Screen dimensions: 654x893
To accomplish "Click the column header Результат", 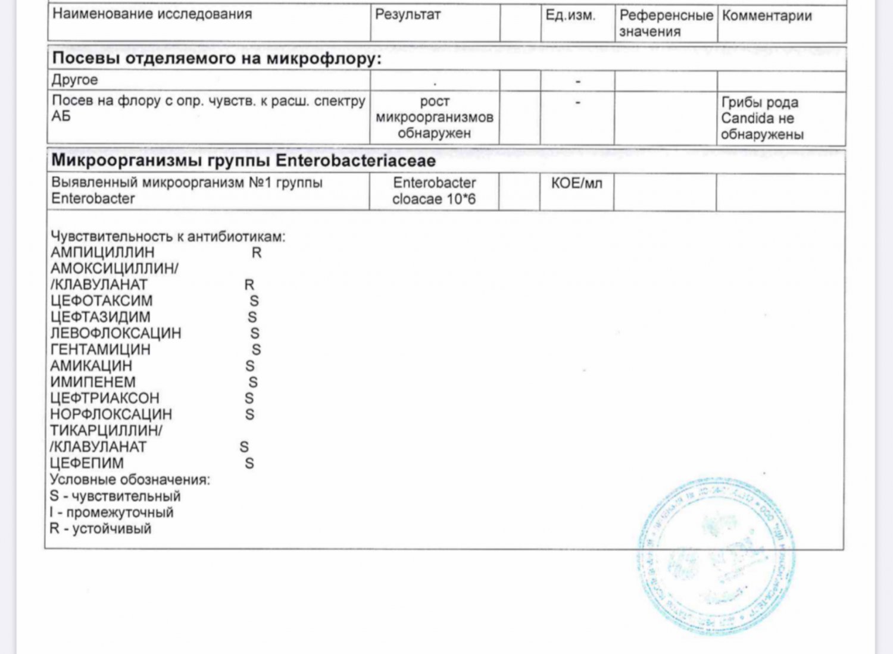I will (x=408, y=15).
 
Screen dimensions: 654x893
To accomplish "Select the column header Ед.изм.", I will (x=570, y=15).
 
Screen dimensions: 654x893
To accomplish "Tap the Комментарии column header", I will (x=767, y=16).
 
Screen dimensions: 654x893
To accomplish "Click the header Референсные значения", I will (x=666, y=23).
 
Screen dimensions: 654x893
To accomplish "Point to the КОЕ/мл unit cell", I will (x=576, y=183).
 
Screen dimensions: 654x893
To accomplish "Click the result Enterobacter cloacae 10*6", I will (x=434, y=191).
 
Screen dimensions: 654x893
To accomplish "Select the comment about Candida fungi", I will (x=762, y=118).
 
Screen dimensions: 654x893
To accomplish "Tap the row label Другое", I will (x=74, y=80).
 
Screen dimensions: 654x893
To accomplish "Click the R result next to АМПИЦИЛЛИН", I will (x=257, y=253).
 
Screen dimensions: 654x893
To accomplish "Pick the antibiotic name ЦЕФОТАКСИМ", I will (x=101, y=301).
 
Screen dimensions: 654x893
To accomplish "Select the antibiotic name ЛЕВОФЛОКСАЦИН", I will (x=115, y=333).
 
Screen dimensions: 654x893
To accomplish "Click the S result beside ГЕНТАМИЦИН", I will (x=256, y=350).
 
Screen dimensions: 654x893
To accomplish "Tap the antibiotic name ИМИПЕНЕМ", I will (x=93, y=382).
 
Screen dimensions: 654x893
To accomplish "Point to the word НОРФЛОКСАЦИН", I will (x=111, y=414).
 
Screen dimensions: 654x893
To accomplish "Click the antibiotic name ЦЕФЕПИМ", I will (x=87, y=463).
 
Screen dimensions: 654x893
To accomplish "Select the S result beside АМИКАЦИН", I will (x=250, y=366).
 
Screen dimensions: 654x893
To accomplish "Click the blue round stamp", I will (x=716, y=556).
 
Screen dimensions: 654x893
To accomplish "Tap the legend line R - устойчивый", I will (x=101, y=528).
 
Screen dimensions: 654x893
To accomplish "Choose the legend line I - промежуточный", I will (x=112, y=512).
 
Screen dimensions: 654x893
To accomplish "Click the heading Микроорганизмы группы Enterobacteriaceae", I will (x=243, y=161).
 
